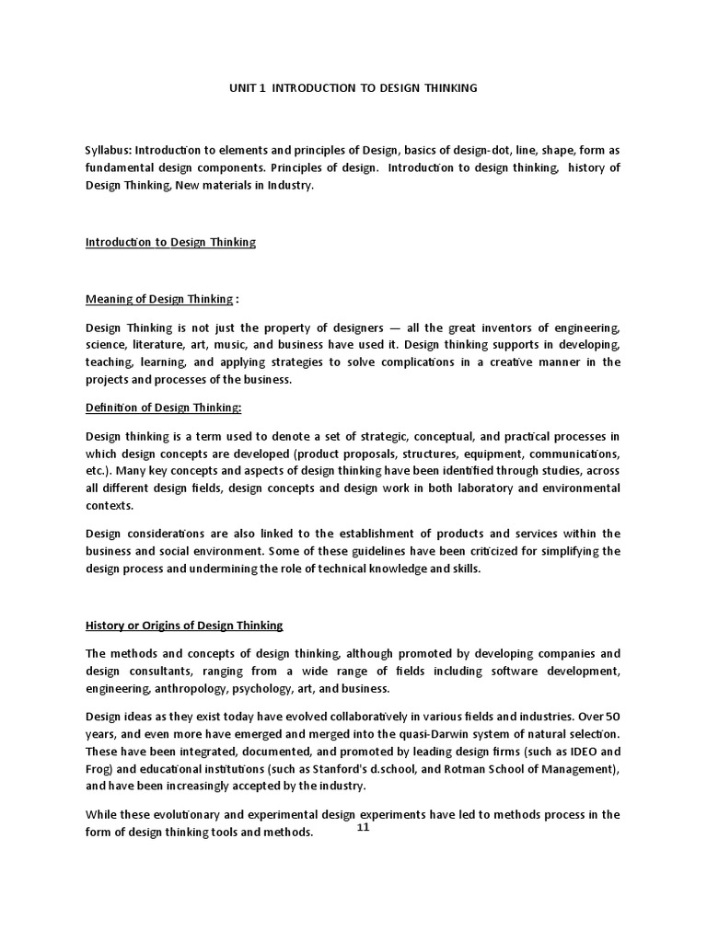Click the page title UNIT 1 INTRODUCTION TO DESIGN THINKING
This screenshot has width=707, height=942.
353,88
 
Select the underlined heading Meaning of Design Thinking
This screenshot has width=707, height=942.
159,298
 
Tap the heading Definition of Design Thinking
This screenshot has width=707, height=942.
163,408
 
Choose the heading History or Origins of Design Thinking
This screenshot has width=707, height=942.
184,626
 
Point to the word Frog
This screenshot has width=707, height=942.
99,768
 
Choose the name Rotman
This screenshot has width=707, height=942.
479,768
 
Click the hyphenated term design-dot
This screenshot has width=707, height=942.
470,151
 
